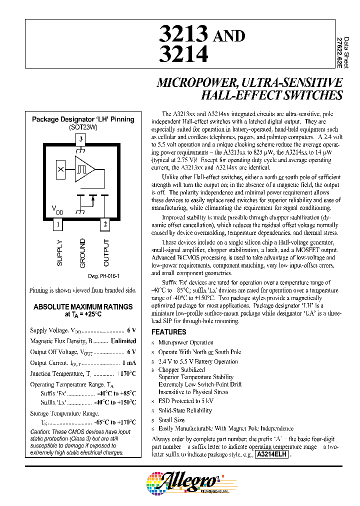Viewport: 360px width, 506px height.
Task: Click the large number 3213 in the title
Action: [183, 34]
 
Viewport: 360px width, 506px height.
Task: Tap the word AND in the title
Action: [229, 35]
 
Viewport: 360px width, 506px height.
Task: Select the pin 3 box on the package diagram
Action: [82, 138]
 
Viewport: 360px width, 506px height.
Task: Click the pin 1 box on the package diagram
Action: [58, 224]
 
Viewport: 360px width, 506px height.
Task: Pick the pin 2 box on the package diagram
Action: [105, 224]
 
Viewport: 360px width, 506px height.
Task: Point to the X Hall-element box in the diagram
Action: [61, 169]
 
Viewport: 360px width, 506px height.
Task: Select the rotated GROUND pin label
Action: [82, 253]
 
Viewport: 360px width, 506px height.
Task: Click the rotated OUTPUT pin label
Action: [105, 253]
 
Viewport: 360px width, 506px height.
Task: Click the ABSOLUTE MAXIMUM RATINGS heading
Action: [83, 306]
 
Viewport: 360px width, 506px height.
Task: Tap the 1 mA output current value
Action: [128, 362]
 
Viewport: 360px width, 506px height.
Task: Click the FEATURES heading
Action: [168, 331]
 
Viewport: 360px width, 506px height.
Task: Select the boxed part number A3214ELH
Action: [272, 454]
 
